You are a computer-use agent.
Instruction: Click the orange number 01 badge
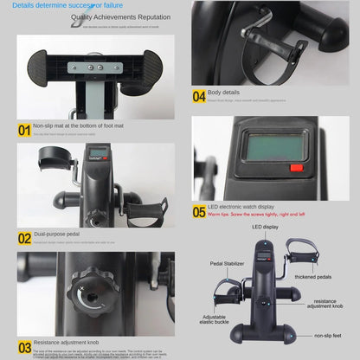pyautogui.click(x=24, y=130)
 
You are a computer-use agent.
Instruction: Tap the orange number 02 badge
pyautogui.click(x=24, y=237)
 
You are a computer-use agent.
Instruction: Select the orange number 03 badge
pyautogui.click(x=24, y=346)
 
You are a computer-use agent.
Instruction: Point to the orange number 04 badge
pyautogui.click(x=199, y=96)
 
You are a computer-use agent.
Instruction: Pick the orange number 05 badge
pyautogui.click(x=199, y=210)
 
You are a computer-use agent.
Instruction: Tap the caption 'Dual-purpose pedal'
pyautogui.click(x=57, y=235)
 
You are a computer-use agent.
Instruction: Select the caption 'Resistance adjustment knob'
pyautogui.click(x=67, y=344)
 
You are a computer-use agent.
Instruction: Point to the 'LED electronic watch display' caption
pyautogui.click(x=240, y=207)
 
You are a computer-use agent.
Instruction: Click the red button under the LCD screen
pyautogui.click(x=296, y=168)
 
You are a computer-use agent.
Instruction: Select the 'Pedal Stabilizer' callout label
pyautogui.click(x=227, y=263)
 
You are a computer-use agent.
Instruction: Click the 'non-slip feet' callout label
pyautogui.click(x=329, y=335)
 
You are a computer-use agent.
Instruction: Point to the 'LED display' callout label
pyautogui.click(x=265, y=227)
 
